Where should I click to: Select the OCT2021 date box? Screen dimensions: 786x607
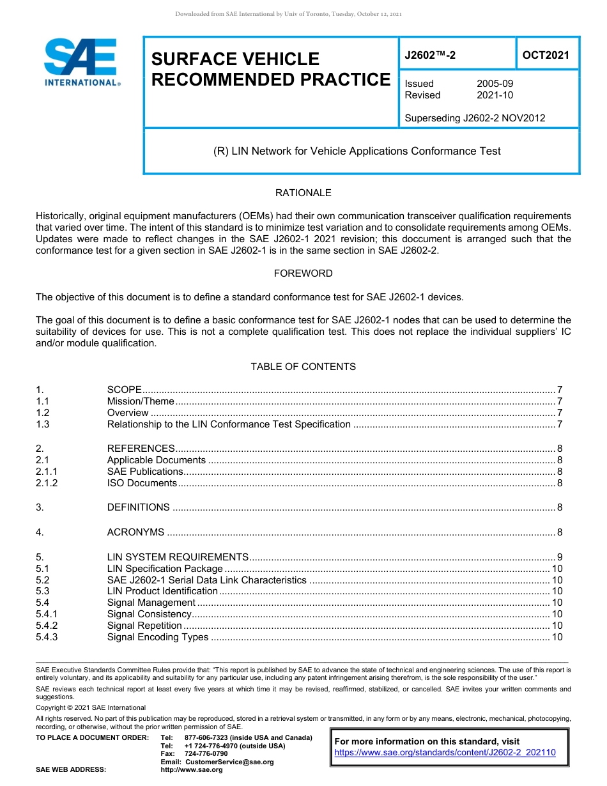pyautogui.click(x=546, y=55)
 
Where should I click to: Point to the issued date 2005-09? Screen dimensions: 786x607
pyautogui.click(x=495, y=84)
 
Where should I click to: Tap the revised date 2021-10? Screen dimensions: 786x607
pyautogui.click(x=495, y=95)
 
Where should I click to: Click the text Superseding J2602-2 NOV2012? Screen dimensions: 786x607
pyautogui.click(x=475, y=118)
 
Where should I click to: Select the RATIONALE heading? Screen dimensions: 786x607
pyautogui.click(x=303, y=193)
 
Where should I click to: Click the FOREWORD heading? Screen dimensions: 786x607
pyautogui.click(x=303, y=274)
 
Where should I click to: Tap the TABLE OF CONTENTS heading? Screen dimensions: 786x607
pyautogui.click(x=303, y=367)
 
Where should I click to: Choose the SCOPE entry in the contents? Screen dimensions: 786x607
pyautogui.click(x=124, y=390)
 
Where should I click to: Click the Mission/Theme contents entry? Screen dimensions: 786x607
pyautogui.click(x=141, y=401)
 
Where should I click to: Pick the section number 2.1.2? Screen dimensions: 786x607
pyautogui.click(x=47, y=483)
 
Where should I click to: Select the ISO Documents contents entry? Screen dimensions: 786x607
pyautogui.click(x=142, y=483)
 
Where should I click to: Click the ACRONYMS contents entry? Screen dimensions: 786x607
pyautogui.click(x=135, y=532)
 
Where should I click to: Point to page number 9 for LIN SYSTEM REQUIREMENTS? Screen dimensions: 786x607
pyautogui.click(x=560, y=557)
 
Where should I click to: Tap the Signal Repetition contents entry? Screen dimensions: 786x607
pyautogui.click(x=144, y=626)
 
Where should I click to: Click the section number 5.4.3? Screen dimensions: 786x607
pyautogui.click(x=47, y=637)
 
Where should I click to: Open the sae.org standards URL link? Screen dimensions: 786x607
pyautogui.click(x=445, y=753)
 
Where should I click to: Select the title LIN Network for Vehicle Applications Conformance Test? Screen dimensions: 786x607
pyautogui.click(x=357, y=151)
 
